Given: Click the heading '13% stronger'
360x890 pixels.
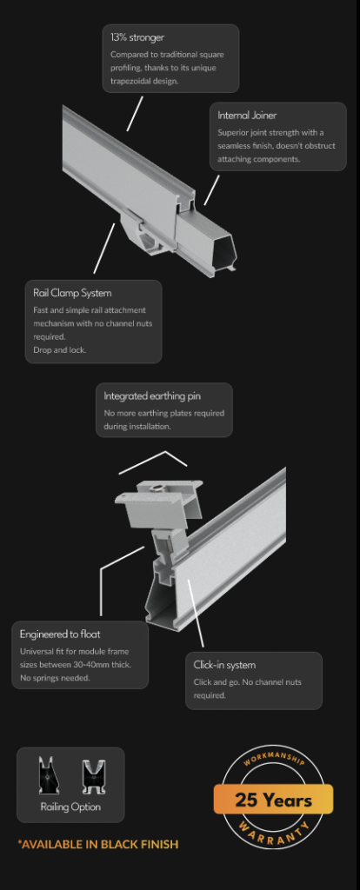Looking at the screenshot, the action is pos(137,38).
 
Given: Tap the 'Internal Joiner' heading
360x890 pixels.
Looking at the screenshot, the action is pos(247,116).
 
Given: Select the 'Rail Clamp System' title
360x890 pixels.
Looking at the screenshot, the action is pos(72,293).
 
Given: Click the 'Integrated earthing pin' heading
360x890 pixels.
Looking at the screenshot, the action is pos(151,395).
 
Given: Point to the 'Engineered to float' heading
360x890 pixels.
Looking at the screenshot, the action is pos(60,634).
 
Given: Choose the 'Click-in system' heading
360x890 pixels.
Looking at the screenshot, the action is pos(224,665).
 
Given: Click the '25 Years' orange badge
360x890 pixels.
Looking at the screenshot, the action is pos(273,800).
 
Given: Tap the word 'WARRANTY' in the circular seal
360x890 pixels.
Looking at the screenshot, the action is pos(274,834).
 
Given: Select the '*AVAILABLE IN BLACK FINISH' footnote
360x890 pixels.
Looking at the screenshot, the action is pos(97,844).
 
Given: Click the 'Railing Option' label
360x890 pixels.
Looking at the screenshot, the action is pos(70,807).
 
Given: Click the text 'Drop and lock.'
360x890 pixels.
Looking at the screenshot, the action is pos(60,349).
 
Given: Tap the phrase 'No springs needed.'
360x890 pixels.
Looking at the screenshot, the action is pos(55,678).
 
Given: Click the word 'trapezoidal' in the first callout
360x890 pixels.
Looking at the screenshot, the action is pos(132,81).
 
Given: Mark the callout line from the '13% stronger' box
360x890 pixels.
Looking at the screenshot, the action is pos(135,114).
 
